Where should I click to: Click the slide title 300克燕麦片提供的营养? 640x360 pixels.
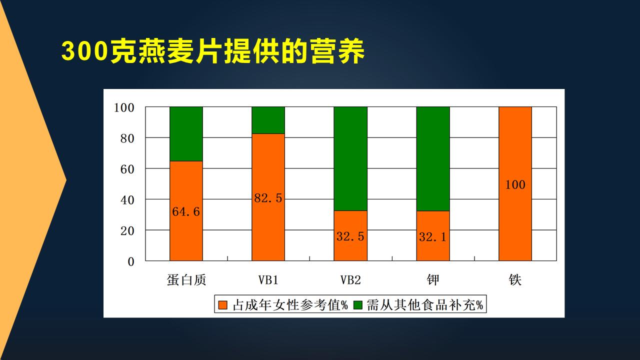click(x=213, y=51)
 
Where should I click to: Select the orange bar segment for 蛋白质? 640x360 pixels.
click(x=186, y=211)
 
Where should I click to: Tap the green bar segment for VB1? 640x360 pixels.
click(x=268, y=120)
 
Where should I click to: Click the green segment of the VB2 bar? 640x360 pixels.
click(x=350, y=159)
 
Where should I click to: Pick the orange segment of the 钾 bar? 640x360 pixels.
click(x=433, y=236)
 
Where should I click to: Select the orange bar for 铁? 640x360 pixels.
click(x=515, y=183)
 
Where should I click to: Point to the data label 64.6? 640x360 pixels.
click(x=186, y=211)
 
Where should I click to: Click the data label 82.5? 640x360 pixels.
click(x=268, y=198)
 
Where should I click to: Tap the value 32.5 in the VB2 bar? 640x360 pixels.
click(x=350, y=236)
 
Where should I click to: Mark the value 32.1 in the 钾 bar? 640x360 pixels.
click(x=433, y=237)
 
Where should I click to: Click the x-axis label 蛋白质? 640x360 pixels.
click(x=186, y=279)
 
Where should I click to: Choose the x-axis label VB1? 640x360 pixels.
click(x=268, y=280)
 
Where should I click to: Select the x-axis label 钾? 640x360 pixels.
click(x=433, y=279)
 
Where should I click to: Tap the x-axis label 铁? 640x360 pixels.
click(x=515, y=279)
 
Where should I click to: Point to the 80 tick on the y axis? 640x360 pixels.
click(x=127, y=138)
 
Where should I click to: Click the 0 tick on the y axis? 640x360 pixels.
click(x=131, y=261)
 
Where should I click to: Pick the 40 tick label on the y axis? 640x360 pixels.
click(x=127, y=200)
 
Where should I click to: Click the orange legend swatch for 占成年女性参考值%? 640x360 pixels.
click(x=222, y=305)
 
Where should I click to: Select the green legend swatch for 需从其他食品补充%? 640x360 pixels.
click(x=357, y=305)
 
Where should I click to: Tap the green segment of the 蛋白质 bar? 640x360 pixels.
click(x=186, y=134)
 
